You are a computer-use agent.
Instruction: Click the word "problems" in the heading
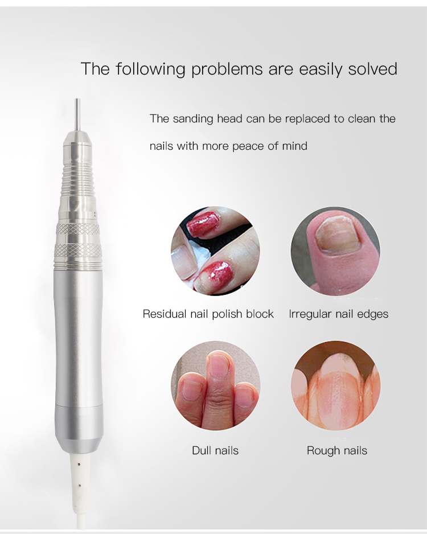click(227, 69)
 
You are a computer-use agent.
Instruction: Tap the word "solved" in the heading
click(372, 68)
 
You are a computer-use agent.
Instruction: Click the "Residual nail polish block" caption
click(208, 314)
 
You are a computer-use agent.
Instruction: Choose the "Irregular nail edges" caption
click(338, 314)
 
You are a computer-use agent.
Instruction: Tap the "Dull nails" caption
click(215, 450)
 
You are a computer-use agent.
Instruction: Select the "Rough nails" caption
click(337, 450)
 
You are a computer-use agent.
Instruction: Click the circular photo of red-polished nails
click(215, 250)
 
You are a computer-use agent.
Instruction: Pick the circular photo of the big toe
click(335, 250)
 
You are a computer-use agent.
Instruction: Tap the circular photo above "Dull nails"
click(215, 385)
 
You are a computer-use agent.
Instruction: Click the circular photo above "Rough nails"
click(335, 385)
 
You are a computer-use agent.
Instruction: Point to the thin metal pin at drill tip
click(77, 114)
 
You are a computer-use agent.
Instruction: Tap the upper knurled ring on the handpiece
click(78, 229)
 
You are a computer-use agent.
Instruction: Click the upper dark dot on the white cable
click(79, 463)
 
